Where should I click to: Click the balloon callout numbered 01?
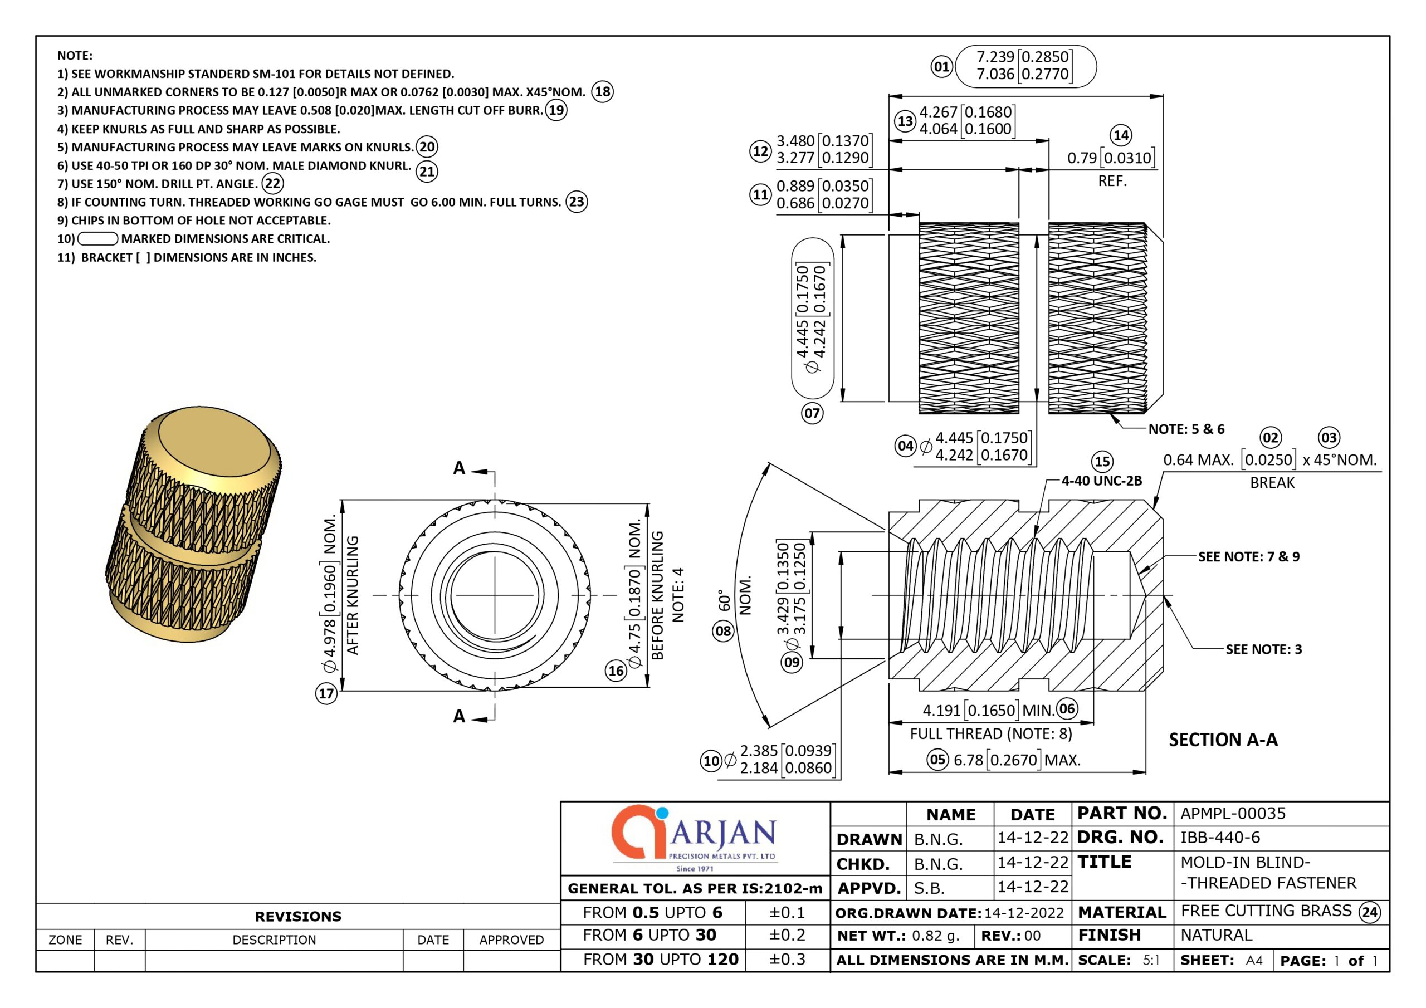(941, 66)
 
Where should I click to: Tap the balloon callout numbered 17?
(326, 693)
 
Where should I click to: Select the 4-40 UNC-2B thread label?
(1101, 480)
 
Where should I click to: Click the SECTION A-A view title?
(1223, 740)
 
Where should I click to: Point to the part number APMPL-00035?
(1233, 813)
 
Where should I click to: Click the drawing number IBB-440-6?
(1220, 837)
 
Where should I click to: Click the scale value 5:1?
(1151, 960)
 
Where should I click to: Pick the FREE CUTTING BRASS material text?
(1266, 911)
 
